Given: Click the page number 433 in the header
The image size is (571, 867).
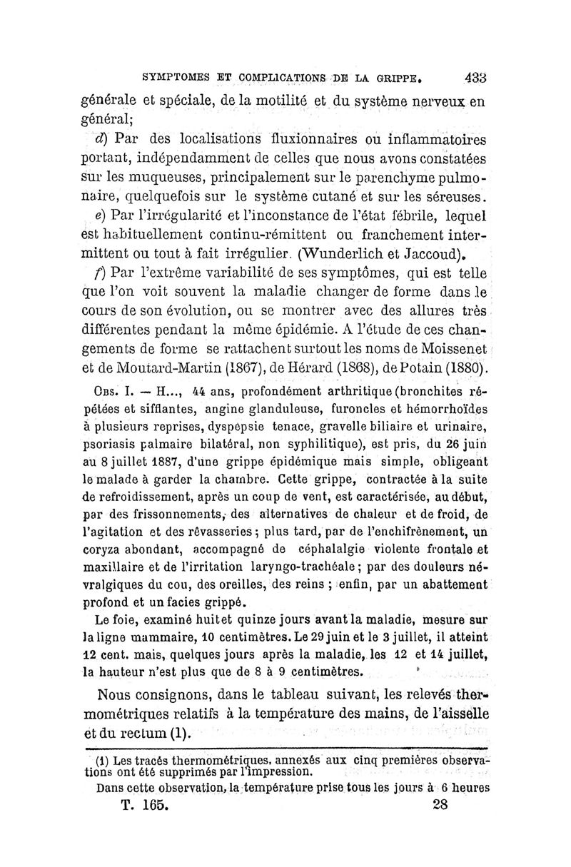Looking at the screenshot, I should [x=474, y=74].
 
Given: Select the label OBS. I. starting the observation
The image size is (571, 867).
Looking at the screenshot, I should [x=108, y=391].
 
